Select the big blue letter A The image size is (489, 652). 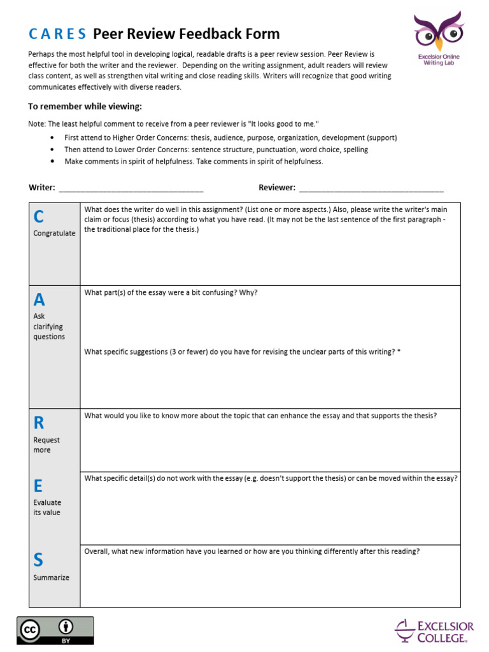tap(39, 299)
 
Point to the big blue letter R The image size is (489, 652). tap(38, 422)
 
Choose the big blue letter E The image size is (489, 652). tap(38, 486)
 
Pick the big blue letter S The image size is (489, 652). tap(38, 560)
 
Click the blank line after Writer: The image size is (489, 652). tap(131, 188)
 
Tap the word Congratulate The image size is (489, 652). tap(54, 233)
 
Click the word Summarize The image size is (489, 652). tap(51, 578)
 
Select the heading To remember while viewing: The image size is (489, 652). tap(85, 106)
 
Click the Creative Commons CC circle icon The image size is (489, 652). tap(30, 630)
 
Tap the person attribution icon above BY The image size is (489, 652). tap(66, 625)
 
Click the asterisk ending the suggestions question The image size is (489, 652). tap(399, 351)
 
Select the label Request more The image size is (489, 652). tap(46, 444)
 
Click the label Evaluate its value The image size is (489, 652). tap(47, 507)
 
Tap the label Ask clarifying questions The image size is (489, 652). tap(49, 326)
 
